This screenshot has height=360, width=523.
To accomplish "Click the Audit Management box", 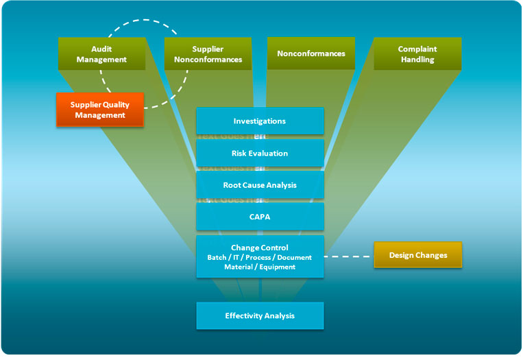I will [101, 53].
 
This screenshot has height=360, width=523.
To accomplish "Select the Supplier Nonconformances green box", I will [208, 53].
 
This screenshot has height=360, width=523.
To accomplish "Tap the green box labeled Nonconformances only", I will [311, 53].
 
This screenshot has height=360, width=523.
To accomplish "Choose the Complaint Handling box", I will [417, 53].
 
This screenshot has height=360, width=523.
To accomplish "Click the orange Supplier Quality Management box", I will [99, 110].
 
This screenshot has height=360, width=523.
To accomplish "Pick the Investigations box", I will [260, 121].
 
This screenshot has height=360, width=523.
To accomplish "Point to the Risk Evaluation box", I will [260, 153].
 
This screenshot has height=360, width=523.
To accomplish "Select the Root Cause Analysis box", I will [260, 185].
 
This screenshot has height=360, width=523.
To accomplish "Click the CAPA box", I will [260, 217].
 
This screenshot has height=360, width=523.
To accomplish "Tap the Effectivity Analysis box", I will [260, 315].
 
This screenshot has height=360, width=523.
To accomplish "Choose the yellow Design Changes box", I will [417, 255].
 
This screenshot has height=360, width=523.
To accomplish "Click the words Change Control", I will [260, 248].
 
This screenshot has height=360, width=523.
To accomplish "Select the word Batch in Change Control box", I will [218, 257].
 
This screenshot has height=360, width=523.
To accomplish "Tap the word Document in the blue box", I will [295, 257].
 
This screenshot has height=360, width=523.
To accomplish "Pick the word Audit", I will [101, 49].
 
